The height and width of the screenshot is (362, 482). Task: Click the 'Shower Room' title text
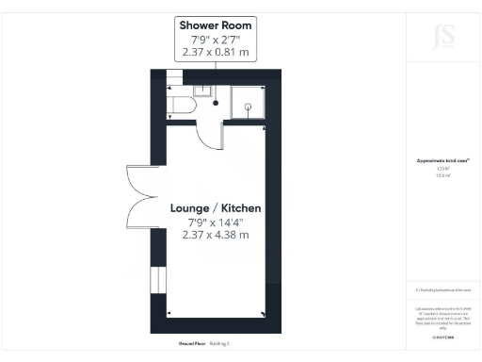click(217, 25)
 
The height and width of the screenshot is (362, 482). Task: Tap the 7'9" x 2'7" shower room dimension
click(217, 41)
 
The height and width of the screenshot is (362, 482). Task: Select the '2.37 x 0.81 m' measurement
click(217, 54)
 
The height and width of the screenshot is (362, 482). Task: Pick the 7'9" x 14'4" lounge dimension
click(217, 222)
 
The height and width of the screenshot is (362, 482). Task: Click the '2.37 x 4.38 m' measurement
click(217, 236)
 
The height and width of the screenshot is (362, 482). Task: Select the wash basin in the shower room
click(202, 90)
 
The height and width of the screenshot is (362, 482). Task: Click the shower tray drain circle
click(249, 107)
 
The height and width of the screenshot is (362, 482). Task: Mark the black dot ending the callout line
click(216, 104)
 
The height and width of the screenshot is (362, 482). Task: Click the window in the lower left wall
click(158, 281)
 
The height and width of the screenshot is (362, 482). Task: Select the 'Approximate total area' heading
click(442, 161)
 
